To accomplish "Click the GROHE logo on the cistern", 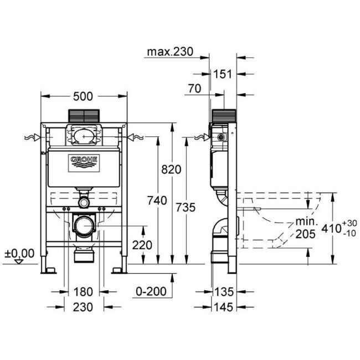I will click(x=84, y=161).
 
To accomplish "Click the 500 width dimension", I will click(x=83, y=96).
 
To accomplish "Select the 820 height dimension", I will click(x=171, y=169).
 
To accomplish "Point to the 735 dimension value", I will click(x=184, y=208).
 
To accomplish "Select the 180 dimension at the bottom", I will click(x=84, y=291).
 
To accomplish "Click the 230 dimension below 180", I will click(x=84, y=306).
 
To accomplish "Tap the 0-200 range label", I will click(x=151, y=291).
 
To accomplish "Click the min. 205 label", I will click(x=304, y=227).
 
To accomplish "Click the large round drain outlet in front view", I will click(x=83, y=226).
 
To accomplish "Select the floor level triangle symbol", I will click(x=19, y=261).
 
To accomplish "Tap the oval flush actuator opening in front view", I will click(x=84, y=134).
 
